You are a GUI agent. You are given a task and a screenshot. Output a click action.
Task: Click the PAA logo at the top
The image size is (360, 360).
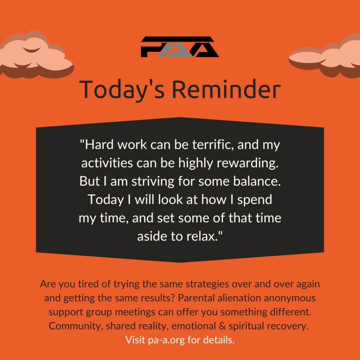pyautogui.click(x=180, y=47)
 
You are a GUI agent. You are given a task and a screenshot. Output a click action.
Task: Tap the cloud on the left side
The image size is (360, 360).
pyautogui.click(x=36, y=55)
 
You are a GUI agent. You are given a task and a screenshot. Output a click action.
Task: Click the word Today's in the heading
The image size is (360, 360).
pyautogui.click(x=122, y=90)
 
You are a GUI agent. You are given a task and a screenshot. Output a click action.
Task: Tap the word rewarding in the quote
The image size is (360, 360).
pyautogui.click(x=247, y=163)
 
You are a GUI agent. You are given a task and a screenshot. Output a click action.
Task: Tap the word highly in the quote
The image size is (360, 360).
pyautogui.click(x=195, y=163)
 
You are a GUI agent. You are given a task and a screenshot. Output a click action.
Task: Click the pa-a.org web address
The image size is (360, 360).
pyautogui.click(x=166, y=340)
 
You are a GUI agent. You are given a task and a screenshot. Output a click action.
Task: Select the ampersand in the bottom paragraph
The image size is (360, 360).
pyautogui.click(x=222, y=326)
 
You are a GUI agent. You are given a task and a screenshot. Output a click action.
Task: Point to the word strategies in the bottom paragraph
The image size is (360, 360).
pyautogui.click(x=207, y=284)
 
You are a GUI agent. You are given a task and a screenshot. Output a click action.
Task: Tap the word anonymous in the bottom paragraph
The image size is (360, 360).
pyautogui.click(x=290, y=298)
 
